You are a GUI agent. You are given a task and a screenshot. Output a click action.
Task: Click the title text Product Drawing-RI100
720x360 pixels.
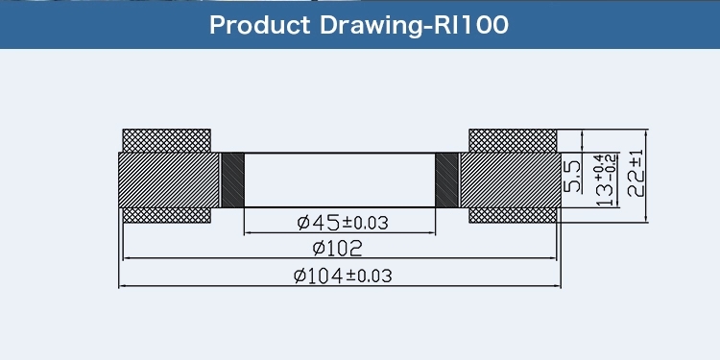tap(359, 26)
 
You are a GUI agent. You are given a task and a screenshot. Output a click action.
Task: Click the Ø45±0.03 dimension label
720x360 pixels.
tap(343, 223)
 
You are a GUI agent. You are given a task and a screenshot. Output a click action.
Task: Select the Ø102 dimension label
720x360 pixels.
tap(338, 249)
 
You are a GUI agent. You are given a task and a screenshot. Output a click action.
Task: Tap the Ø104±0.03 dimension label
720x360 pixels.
tap(343, 276)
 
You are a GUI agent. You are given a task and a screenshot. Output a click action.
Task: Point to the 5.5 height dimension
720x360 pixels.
tap(572, 177)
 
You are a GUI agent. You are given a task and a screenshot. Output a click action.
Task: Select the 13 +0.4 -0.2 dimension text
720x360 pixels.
tap(606, 180)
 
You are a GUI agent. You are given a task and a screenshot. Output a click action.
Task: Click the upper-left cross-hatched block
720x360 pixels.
tap(167, 140)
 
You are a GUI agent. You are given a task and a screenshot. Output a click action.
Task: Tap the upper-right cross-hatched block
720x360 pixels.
tap(513, 140)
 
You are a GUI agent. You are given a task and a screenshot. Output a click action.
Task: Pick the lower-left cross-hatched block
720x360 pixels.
tap(167, 215)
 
